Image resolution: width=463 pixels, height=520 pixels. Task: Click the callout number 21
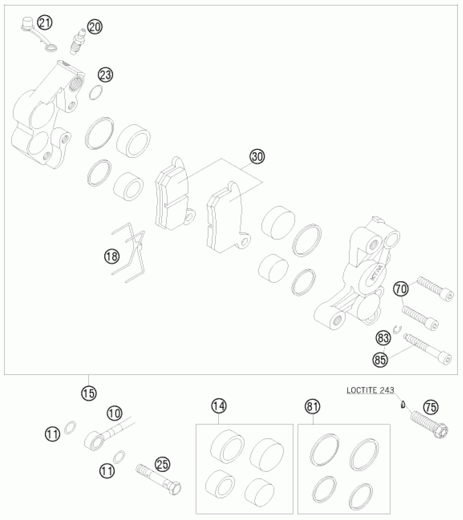tap(45, 23)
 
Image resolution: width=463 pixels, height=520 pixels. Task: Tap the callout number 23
tap(105, 75)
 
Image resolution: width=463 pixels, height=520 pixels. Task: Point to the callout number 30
tap(257, 157)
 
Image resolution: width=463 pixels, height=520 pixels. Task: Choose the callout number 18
tap(112, 256)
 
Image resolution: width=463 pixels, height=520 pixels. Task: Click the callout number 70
tap(401, 289)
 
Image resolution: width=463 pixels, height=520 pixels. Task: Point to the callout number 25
tap(163, 464)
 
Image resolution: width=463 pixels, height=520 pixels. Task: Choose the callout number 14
tap(220, 406)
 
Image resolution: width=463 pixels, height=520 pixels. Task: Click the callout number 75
tap(431, 407)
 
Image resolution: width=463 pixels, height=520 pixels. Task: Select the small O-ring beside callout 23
tap(96, 92)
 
